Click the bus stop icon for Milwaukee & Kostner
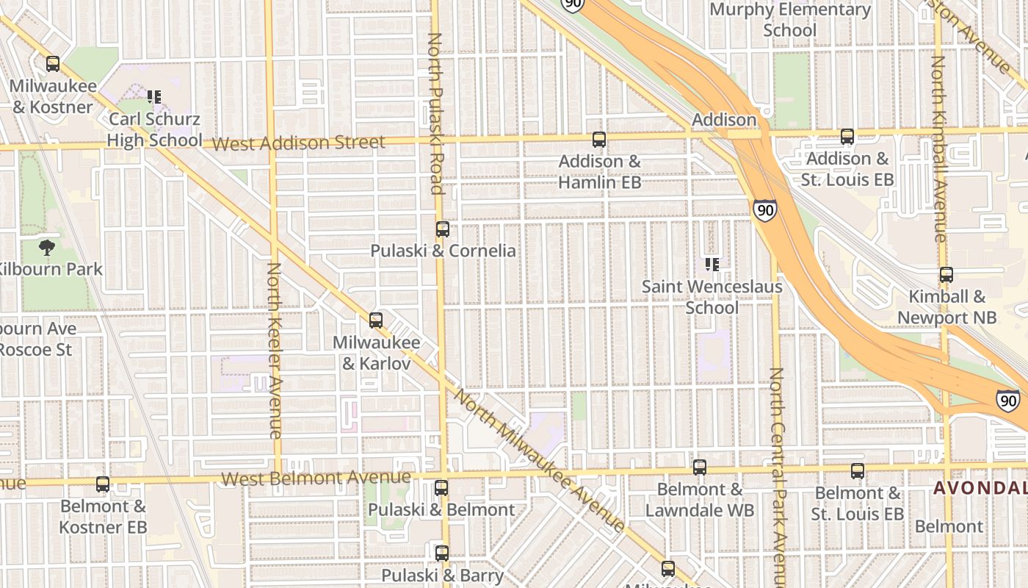click(x=53, y=64)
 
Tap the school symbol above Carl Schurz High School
click(x=154, y=96)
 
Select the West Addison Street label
click(x=299, y=143)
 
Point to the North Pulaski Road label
click(x=435, y=113)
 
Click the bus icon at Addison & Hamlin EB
click(x=599, y=139)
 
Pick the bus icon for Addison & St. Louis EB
click(x=847, y=136)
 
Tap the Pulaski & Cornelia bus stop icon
click(x=442, y=229)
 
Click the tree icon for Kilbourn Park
click(x=48, y=247)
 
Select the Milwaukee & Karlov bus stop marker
click(x=376, y=320)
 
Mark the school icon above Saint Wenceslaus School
click(x=712, y=263)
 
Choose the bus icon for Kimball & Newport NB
click(x=946, y=275)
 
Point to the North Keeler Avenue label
click(x=274, y=351)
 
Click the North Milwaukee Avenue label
click(x=540, y=459)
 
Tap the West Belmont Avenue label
click(x=316, y=478)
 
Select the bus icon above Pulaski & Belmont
click(x=441, y=487)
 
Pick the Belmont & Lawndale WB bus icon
click(x=700, y=467)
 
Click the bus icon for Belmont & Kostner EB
click(x=103, y=484)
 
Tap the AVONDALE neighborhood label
click(x=980, y=488)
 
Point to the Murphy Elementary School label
click(x=790, y=20)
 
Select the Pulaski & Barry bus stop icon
click(x=442, y=553)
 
